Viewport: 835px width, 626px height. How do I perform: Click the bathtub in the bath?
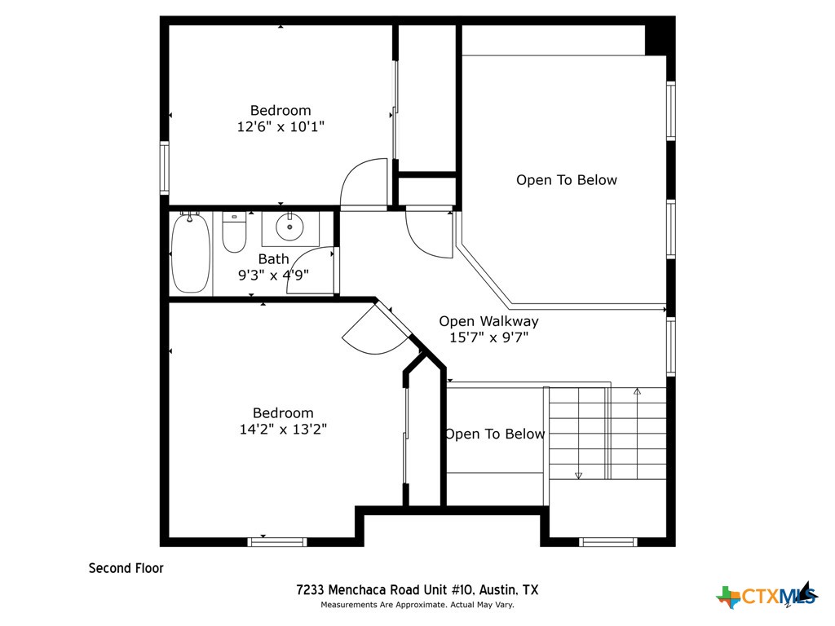191,253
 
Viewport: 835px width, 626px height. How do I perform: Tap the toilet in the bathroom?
234,233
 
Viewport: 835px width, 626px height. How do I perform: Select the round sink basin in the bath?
288,227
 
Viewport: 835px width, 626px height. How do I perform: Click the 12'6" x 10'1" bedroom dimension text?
280,126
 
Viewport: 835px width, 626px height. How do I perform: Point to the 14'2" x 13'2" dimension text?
282,429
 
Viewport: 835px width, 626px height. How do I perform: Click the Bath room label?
273,259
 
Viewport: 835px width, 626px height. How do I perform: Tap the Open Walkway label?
488,321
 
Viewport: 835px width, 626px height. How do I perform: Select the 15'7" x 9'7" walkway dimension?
488,337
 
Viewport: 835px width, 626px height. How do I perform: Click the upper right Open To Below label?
566,180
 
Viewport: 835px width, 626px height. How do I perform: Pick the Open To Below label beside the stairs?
494,434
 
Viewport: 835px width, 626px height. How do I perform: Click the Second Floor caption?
126,568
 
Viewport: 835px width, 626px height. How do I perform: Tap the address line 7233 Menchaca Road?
417,589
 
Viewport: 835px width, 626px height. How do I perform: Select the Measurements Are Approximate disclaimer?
417,605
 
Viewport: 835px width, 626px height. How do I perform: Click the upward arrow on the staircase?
637,392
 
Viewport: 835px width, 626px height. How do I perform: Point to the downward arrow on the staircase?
578,474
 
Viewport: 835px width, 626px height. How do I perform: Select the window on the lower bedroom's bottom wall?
277,541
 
